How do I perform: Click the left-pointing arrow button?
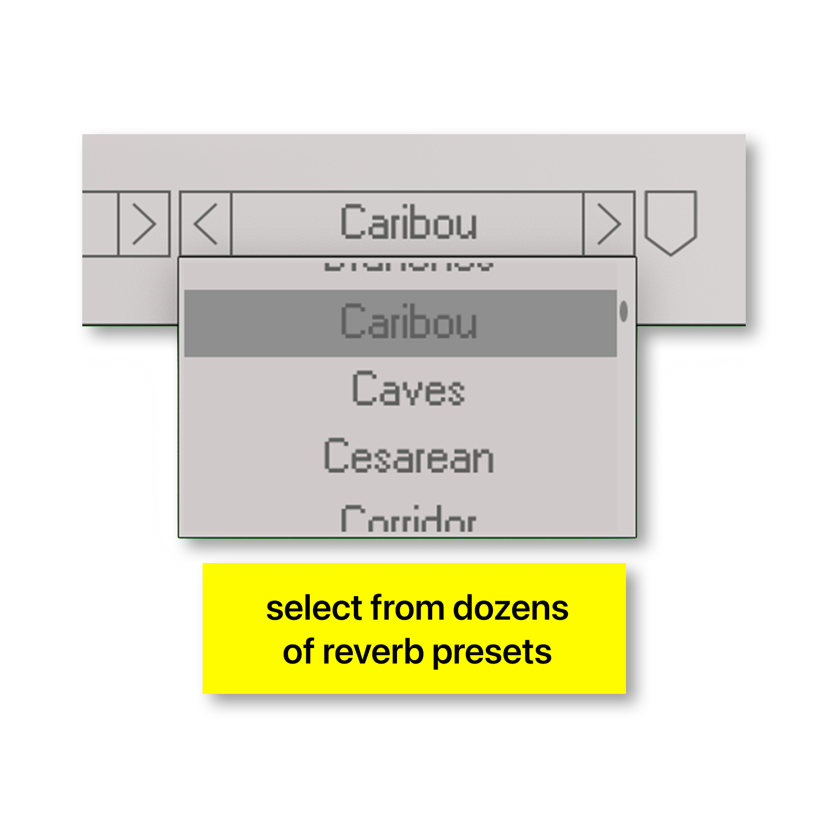click(205, 224)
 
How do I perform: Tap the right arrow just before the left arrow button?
click(144, 224)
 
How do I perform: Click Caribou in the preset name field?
click(408, 222)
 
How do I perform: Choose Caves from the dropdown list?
click(408, 390)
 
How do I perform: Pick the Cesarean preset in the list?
click(408, 457)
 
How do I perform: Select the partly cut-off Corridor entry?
click(408, 520)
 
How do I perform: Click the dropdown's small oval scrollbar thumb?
click(624, 311)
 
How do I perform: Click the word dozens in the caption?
click(511, 608)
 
